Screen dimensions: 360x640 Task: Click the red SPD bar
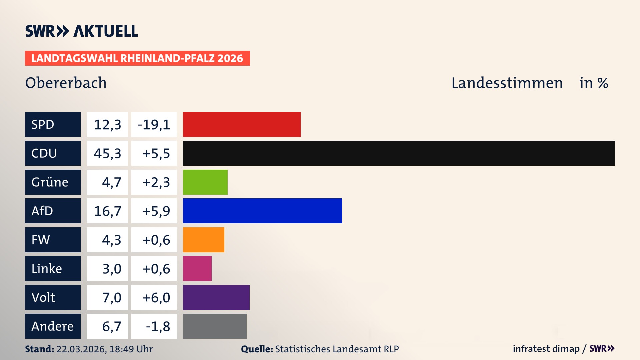pyautogui.click(x=242, y=124)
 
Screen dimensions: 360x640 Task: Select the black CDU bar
pyautogui.click(x=399, y=153)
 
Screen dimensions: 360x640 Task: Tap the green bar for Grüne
pyautogui.click(x=205, y=182)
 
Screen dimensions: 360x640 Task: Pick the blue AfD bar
pyautogui.click(x=262, y=211)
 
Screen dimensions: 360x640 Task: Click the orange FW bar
pyautogui.click(x=203, y=240)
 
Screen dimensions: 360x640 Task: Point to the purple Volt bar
pyautogui.click(x=216, y=297)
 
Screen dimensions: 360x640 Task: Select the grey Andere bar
pyautogui.click(x=215, y=326)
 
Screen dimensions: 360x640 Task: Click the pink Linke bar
pyautogui.click(x=197, y=268)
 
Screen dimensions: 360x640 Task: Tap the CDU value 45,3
pyautogui.click(x=107, y=153)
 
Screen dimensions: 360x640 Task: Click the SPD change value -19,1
pyautogui.click(x=154, y=125)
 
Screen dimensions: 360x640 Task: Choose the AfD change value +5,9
pyautogui.click(x=156, y=211)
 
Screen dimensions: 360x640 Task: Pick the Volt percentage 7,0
pyautogui.click(x=111, y=297)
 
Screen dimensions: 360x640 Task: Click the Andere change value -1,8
pyautogui.click(x=158, y=326)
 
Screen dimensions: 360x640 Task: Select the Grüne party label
pyautogui.click(x=50, y=182)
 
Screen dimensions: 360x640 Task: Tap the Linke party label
pyautogui.click(x=47, y=268)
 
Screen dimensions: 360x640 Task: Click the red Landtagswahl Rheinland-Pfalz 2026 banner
pyautogui.click(x=137, y=58)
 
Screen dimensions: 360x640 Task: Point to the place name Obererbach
pyautogui.click(x=66, y=83)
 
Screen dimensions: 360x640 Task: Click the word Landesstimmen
pyautogui.click(x=507, y=83)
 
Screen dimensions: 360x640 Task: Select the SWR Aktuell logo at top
pyautogui.click(x=82, y=31)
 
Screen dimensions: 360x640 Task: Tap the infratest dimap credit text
pyautogui.click(x=546, y=349)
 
